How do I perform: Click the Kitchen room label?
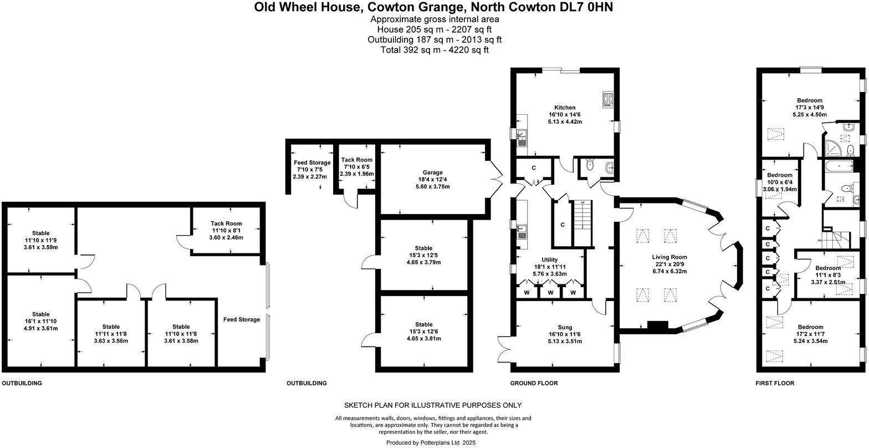tap(565, 108)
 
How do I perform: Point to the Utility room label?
tap(549, 259)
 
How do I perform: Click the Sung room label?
tap(565, 327)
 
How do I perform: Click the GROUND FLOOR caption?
tap(534, 383)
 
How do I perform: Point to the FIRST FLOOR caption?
tap(775, 383)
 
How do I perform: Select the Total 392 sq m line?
tap(434, 50)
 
